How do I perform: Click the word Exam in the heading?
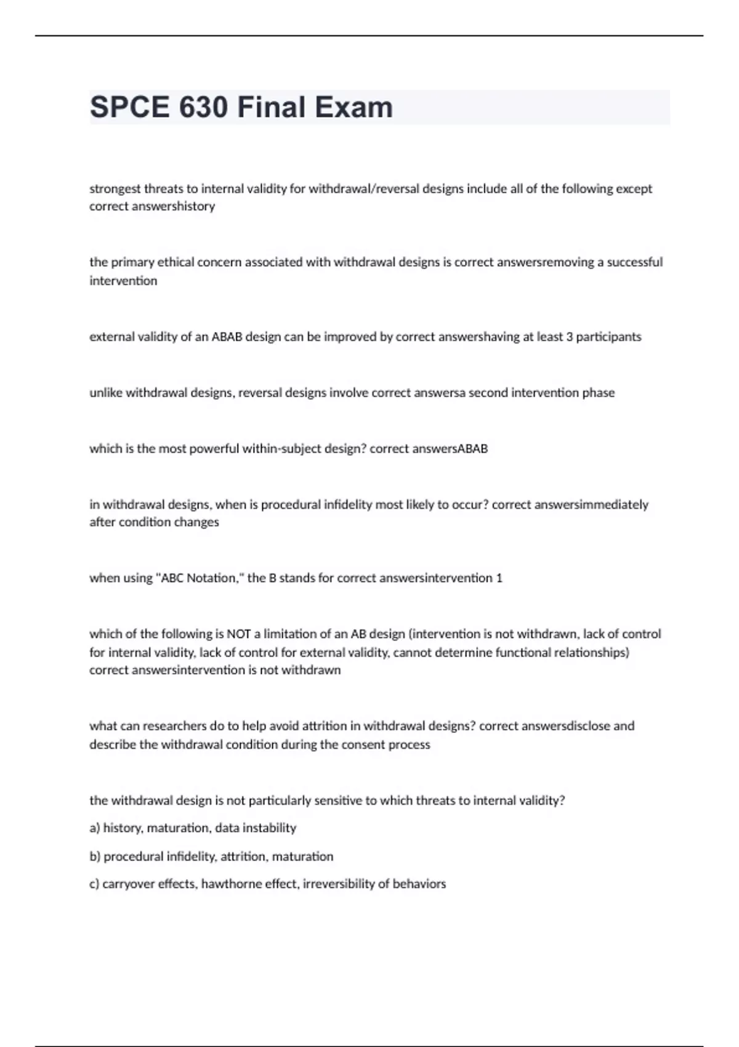pyautogui.click(x=353, y=107)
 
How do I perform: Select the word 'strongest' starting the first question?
pyautogui.click(x=115, y=188)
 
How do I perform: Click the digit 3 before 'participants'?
pyautogui.click(x=570, y=337)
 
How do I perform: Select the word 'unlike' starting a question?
pyautogui.click(x=106, y=393)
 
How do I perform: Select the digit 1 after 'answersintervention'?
pyautogui.click(x=499, y=578)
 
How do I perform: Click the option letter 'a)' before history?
pyautogui.click(x=95, y=828)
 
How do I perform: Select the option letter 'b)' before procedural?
pyautogui.click(x=95, y=857)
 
